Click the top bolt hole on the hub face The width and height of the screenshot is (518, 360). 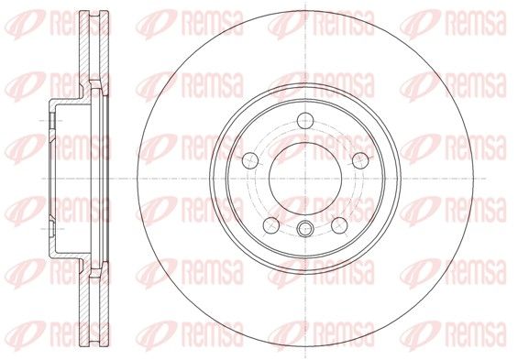pyautogui.click(x=305, y=120)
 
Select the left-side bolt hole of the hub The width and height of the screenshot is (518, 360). pyautogui.click(x=250, y=160)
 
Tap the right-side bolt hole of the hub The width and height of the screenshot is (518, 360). pyautogui.click(x=360, y=160)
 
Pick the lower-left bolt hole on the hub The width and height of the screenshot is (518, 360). pyautogui.click(x=271, y=225)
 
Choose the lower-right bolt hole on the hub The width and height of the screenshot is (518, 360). pyautogui.click(x=339, y=225)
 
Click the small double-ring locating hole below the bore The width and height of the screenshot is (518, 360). pyautogui.click(x=305, y=229)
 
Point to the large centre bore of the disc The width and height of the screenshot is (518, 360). pyautogui.click(x=305, y=179)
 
